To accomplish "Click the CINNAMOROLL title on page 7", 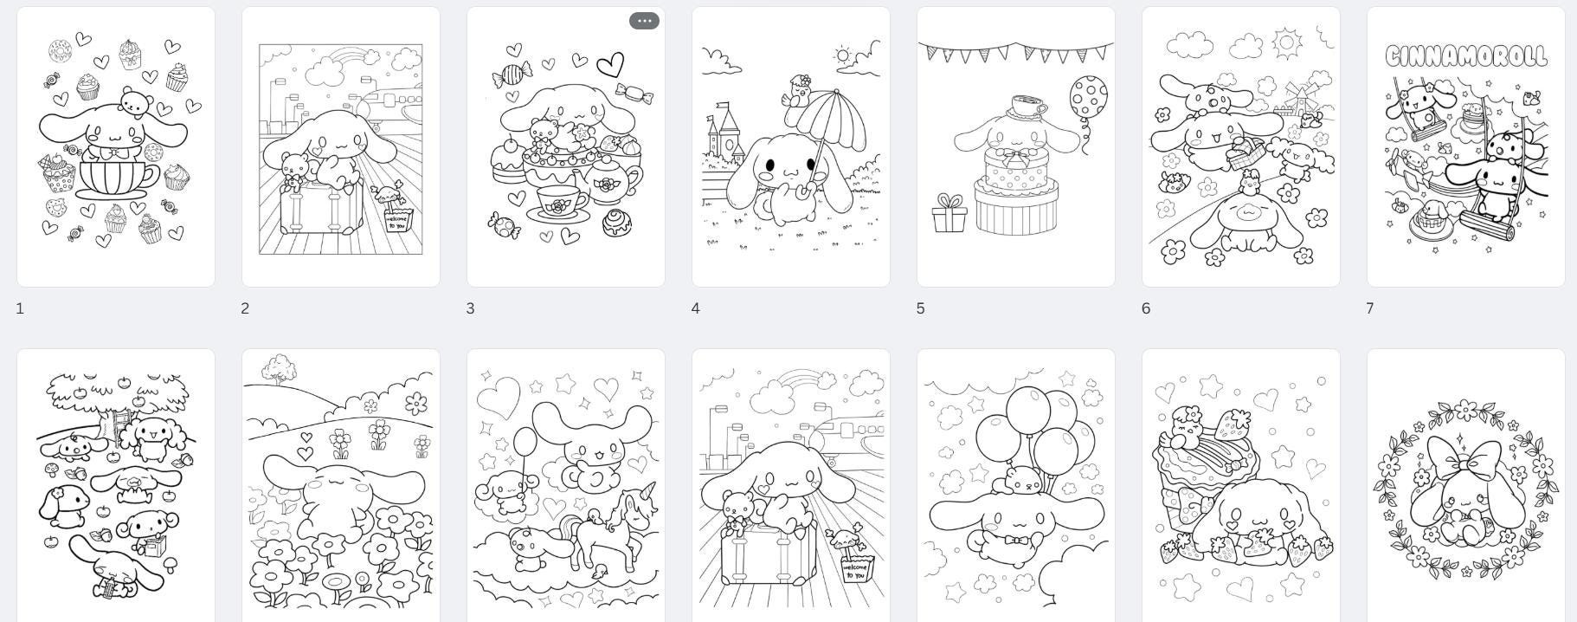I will (1465, 56).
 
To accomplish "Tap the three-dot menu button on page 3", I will (644, 21).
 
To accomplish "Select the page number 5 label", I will (920, 308).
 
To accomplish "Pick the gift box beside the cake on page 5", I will (949, 215).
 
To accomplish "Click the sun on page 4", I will (843, 56).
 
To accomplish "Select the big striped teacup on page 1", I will (116, 178).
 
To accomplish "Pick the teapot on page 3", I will (613, 184).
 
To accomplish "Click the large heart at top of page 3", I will (610, 64).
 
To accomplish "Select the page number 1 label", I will (20, 308).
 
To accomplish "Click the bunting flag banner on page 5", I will (1015, 52).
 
